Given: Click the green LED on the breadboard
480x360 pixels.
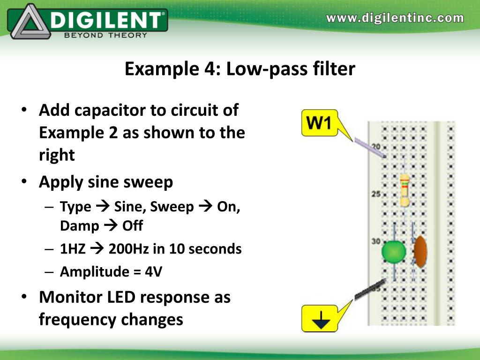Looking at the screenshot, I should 394,251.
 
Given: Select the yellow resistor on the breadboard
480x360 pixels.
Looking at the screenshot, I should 405,190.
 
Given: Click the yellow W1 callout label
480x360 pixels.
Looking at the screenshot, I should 319,123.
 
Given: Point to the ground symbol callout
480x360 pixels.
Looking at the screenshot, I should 319,319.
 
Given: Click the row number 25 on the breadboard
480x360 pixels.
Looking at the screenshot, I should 376,194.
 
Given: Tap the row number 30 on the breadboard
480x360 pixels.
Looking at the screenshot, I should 376,241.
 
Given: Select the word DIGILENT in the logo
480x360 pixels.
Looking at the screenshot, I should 107,20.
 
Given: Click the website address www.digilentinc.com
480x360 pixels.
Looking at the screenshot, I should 395,18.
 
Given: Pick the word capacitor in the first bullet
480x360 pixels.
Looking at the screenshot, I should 110,111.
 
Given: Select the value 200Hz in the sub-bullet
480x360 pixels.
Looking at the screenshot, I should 128,249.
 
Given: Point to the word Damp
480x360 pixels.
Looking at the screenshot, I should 79,226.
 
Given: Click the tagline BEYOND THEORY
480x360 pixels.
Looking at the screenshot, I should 105,34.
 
